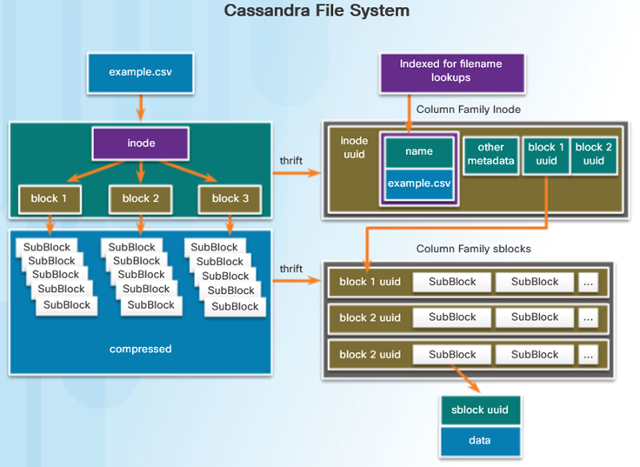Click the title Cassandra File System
(317, 10)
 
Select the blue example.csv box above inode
(140, 73)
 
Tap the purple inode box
(141, 143)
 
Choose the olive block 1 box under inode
(50, 199)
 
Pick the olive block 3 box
(230, 199)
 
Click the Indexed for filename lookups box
(452, 73)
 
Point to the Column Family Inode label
(468, 110)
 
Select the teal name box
(419, 152)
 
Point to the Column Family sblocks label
(473, 249)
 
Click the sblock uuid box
(480, 410)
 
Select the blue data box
(480, 441)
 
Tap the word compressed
(140, 349)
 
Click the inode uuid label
(354, 148)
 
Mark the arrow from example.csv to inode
(141, 108)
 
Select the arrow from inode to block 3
(189, 171)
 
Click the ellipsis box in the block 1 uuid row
(588, 282)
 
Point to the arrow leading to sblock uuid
(466, 379)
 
